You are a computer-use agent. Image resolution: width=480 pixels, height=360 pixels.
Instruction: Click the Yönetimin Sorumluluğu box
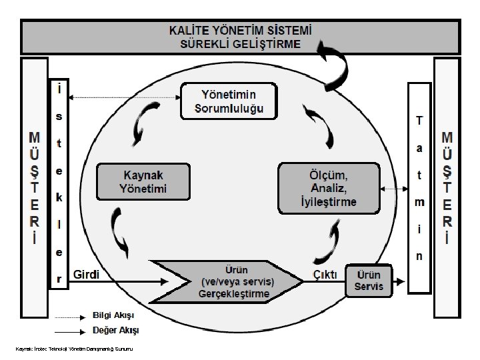tap(229, 101)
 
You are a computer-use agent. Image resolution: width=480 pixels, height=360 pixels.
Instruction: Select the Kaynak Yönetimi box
tap(143, 181)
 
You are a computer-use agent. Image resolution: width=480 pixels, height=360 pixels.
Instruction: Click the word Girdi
tap(86, 274)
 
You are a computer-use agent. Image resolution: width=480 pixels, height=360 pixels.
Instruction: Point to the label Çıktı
tap(325, 274)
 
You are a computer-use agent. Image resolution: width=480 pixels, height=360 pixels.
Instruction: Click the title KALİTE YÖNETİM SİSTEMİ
tap(240, 31)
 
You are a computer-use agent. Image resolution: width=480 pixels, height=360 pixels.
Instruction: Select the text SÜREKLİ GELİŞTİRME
tap(240, 44)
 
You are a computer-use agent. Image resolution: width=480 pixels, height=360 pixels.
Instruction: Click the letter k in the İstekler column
tap(59, 197)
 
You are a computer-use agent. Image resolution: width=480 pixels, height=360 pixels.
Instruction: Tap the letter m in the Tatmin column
tap(419, 201)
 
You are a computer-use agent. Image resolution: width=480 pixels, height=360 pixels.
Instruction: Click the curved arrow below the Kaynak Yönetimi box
tap(121, 233)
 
